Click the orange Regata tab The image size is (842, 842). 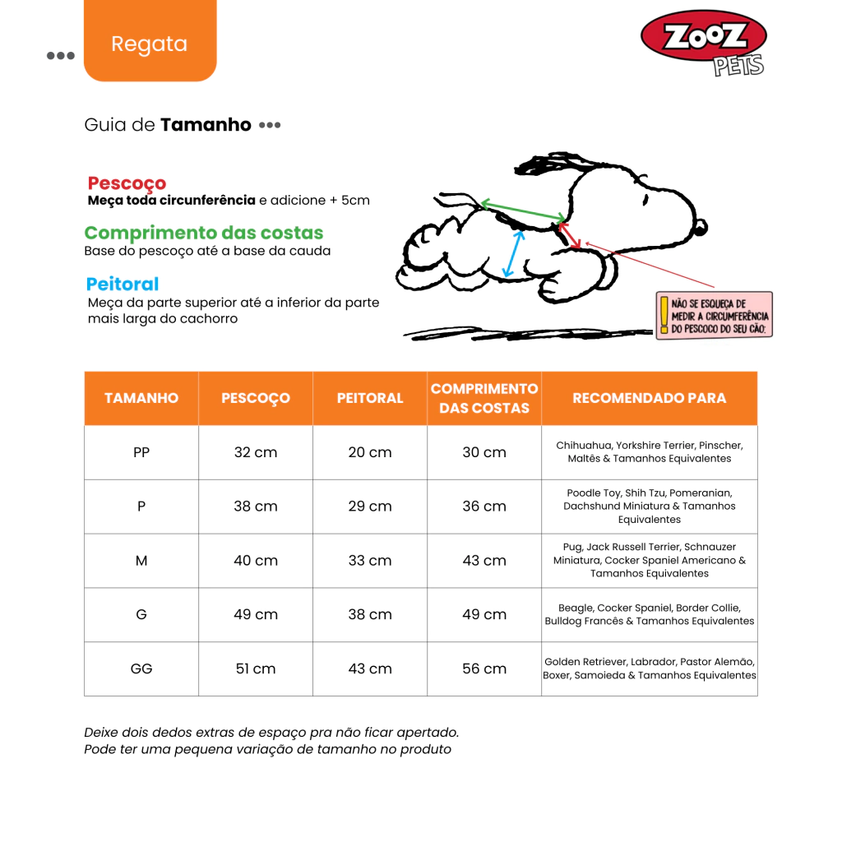pos(150,44)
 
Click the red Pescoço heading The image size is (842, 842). pos(127,183)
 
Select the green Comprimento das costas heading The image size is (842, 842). pos(204,233)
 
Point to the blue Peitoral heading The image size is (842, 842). pos(123,284)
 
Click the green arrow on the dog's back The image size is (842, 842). pos(521,211)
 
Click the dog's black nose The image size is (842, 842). pos(701,226)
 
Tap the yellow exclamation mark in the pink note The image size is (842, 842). pos(664,315)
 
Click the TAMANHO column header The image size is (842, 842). pos(141,398)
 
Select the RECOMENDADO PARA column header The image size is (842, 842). pos(649,398)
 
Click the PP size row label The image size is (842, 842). pos(141,452)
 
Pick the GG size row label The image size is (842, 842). pos(141,669)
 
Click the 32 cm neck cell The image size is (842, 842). pos(256,452)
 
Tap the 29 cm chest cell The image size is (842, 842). pos(370,507)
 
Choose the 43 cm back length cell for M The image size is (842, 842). pos(484,561)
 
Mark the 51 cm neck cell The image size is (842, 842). pos(256,669)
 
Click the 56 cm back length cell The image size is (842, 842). pos(484,669)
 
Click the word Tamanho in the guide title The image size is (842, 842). pos(206,125)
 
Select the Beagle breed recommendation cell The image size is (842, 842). pos(649,614)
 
